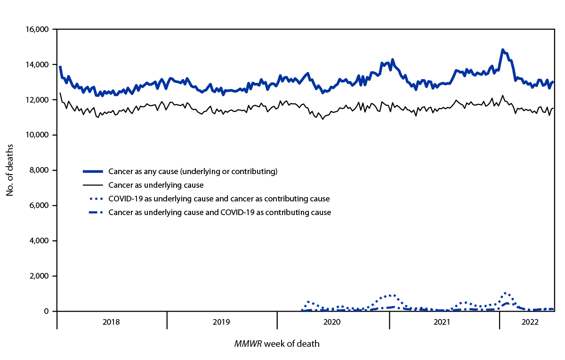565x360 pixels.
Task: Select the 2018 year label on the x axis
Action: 111,322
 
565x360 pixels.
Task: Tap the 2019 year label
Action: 222,322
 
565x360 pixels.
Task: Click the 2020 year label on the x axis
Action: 332,322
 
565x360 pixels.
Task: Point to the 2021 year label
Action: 444,322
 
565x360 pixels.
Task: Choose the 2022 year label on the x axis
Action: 526,322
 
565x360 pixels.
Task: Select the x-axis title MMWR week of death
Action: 277,344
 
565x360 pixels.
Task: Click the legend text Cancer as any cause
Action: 193,171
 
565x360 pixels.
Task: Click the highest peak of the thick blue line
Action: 503,49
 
